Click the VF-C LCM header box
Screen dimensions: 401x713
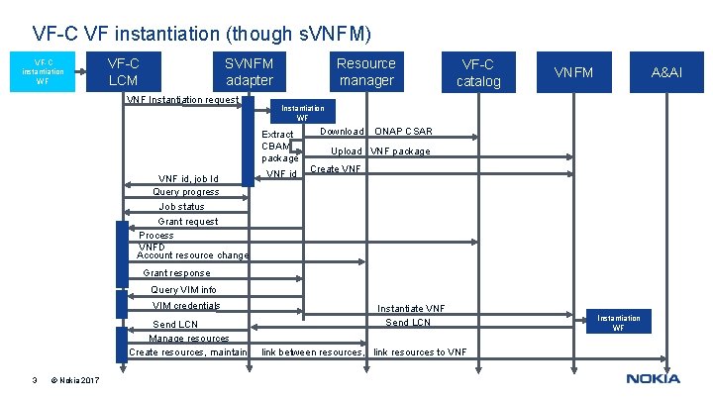123,71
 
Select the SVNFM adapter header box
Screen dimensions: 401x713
250,71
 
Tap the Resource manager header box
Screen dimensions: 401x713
365,71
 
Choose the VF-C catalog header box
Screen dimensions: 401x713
478,72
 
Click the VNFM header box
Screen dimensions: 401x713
573,72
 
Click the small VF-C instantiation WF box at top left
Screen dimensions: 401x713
42,71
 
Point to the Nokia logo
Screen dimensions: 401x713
653,378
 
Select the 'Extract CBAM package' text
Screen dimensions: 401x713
279,146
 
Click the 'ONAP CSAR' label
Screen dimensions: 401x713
403,132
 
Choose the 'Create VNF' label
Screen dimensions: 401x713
336,169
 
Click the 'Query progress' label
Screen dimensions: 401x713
186,191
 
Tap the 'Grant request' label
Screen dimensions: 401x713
188,222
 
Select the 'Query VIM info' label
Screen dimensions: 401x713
183,290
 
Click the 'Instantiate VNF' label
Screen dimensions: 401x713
411,309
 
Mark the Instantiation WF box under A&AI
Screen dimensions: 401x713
618,322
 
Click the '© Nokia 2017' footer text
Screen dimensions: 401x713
74,379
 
